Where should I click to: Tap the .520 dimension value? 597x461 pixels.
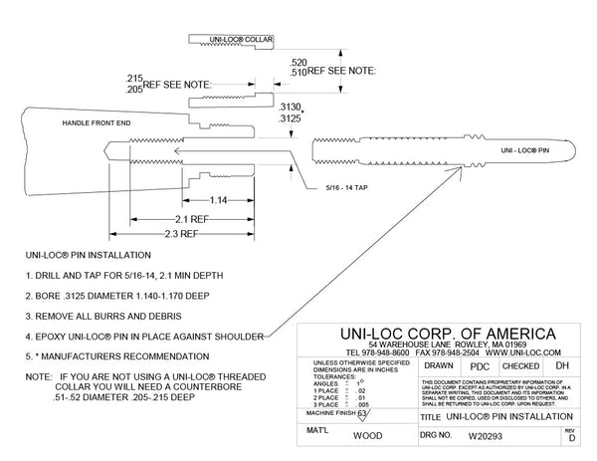click(299, 62)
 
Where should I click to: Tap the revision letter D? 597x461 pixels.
click(569, 438)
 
